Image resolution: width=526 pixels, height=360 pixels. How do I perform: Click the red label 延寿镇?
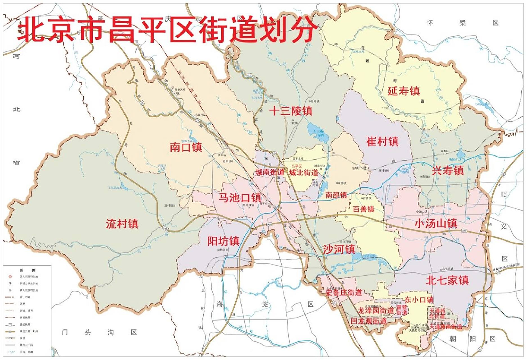[x=404, y=91]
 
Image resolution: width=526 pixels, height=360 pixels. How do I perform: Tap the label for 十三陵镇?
[x=291, y=111]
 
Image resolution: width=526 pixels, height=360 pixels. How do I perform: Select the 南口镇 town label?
[x=186, y=147]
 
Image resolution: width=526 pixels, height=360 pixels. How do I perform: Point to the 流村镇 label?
[x=122, y=224]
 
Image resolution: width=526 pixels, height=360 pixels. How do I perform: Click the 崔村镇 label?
[x=382, y=141]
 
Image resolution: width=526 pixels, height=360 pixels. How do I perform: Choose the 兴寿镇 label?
[x=448, y=170]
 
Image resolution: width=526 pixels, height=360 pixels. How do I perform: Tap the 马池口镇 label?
[x=240, y=197]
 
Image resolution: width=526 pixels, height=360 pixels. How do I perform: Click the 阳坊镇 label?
[x=223, y=241]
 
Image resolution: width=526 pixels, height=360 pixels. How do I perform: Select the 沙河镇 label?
[x=339, y=249]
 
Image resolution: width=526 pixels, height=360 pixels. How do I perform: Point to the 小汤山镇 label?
[x=436, y=223]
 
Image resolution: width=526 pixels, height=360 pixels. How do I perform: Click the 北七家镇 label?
[x=447, y=280]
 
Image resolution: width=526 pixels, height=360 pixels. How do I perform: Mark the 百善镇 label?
[x=363, y=209]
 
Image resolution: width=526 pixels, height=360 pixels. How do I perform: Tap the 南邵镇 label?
[x=336, y=195]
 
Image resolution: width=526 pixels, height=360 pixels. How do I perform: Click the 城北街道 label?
[x=304, y=172]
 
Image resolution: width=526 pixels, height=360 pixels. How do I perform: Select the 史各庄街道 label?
[x=344, y=292]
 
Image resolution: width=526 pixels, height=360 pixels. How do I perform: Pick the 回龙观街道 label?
[x=368, y=321]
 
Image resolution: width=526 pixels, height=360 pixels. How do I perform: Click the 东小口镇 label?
[x=419, y=300]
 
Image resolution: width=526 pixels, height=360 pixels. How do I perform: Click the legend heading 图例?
[x=28, y=270]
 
